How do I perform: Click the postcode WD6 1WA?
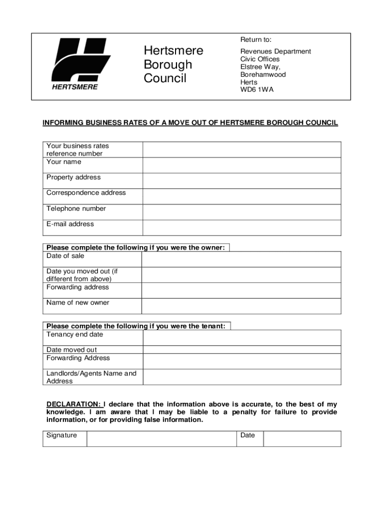(x=257, y=90)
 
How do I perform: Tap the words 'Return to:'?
(x=256, y=40)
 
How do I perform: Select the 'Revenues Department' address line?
(x=275, y=51)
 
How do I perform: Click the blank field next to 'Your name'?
(x=242, y=165)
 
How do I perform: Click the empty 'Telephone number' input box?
(x=242, y=212)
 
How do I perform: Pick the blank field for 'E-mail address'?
(x=242, y=228)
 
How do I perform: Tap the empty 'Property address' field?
(x=242, y=181)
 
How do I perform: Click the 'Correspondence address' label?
(x=86, y=193)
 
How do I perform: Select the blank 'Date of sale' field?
(x=241, y=259)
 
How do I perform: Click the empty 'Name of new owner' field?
(x=241, y=306)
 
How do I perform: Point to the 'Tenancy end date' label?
(x=75, y=335)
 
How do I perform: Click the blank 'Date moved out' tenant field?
(x=242, y=350)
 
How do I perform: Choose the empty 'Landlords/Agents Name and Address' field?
(x=242, y=377)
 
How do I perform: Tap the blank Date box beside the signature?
(x=302, y=439)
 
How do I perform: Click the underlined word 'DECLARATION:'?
(x=73, y=404)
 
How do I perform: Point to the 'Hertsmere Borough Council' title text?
(x=174, y=65)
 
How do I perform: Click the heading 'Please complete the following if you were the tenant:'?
(x=136, y=326)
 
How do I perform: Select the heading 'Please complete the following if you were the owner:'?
(x=136, y=248)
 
